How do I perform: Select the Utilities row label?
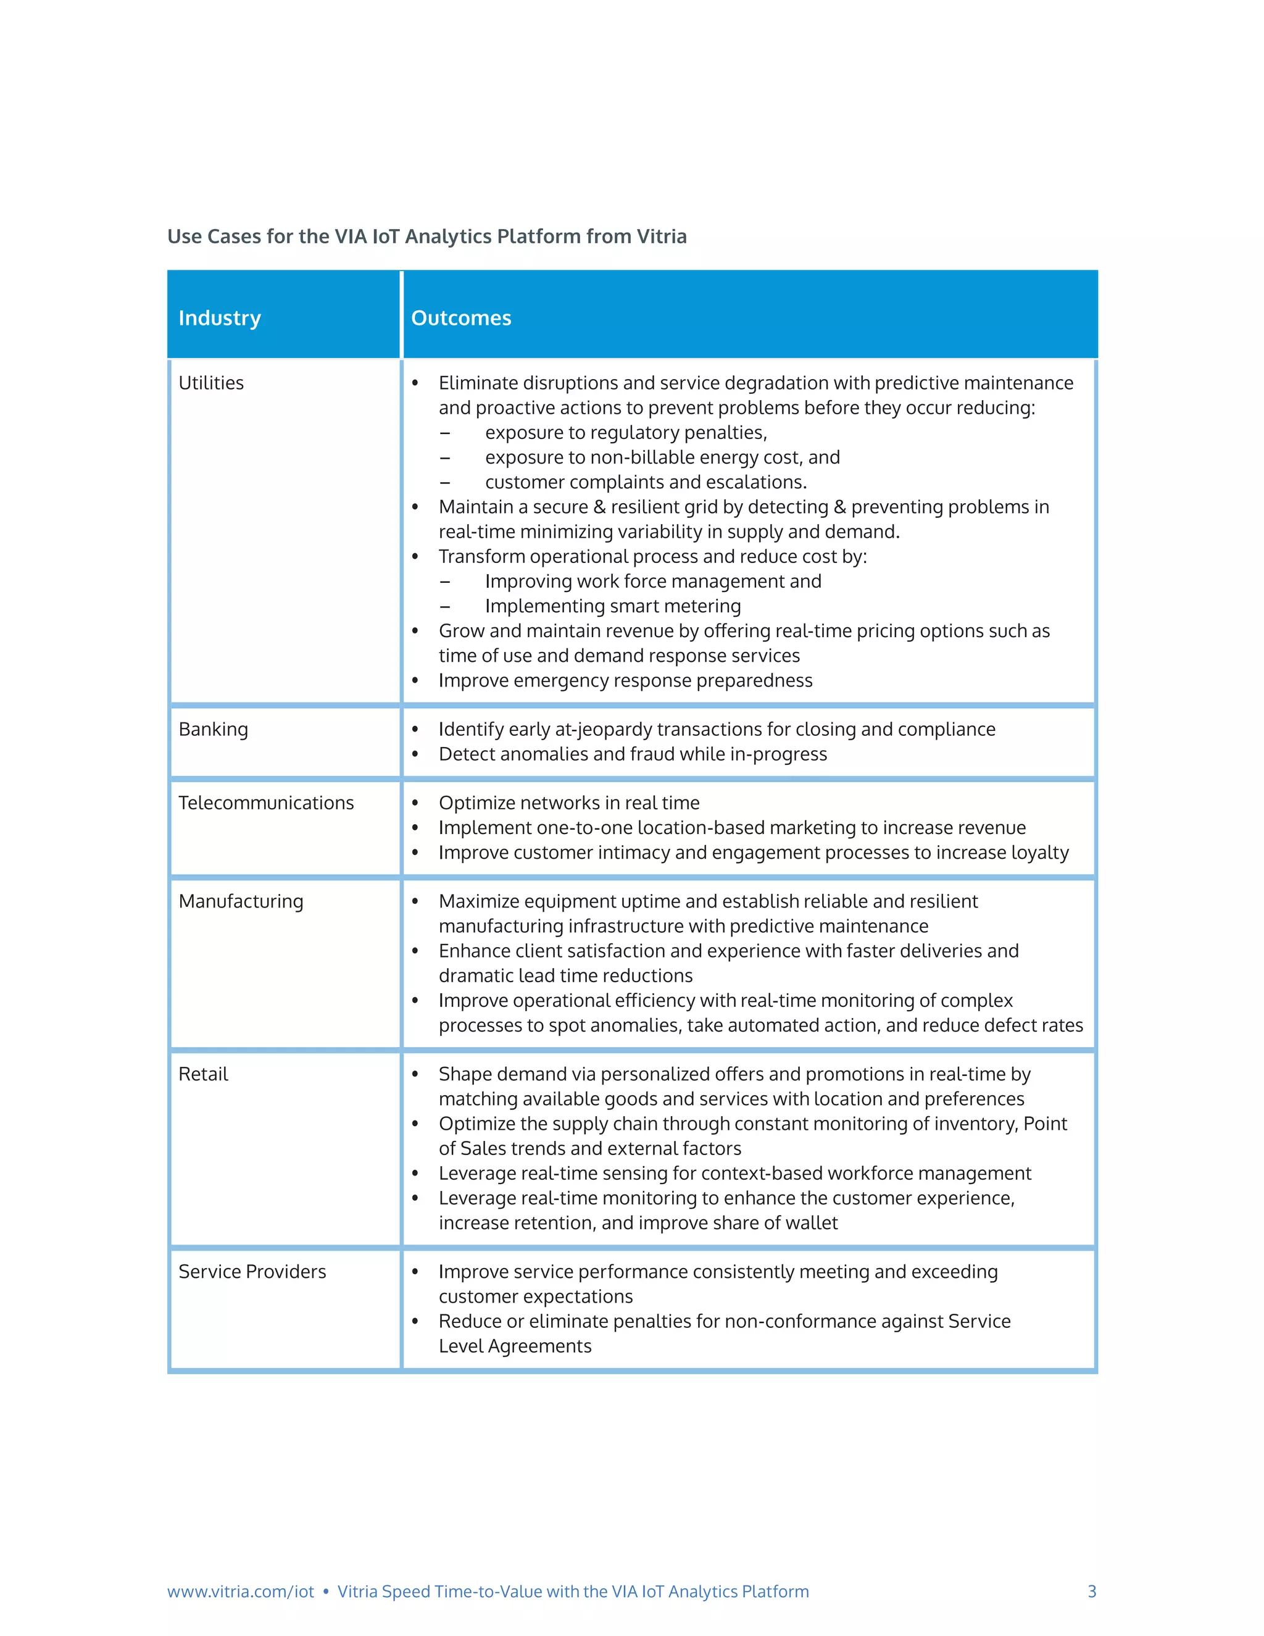(211, 383)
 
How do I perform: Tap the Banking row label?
(213, 729)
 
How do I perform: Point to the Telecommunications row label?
(266, 803)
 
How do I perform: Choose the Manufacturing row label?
(240, 901)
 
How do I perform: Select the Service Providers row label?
(252, 1271)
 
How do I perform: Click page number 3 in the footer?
(1092, 1591)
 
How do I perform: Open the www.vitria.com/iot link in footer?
(240, 1591)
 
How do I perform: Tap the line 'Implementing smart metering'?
(612, 606)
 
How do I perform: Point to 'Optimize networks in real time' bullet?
(568, 803)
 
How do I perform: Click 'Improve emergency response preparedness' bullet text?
(625, 680)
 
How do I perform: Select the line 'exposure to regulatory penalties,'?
(625, 432)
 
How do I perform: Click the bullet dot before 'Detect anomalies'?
(415, 754)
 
